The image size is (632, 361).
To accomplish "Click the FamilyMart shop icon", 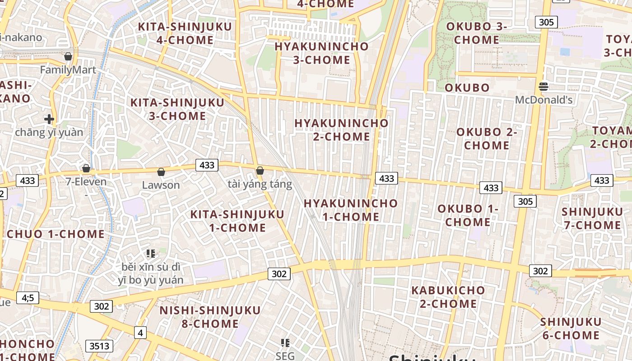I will pos(68,56).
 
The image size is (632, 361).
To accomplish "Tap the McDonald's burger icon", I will pos(544,86).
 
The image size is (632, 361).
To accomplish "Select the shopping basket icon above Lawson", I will pos(161,172).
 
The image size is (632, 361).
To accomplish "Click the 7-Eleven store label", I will pos(86,182).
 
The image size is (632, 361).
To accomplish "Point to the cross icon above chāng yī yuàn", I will pos(49,119).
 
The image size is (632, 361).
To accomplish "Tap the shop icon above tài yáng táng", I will pos(260,171).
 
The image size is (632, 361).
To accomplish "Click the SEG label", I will pos(285,356).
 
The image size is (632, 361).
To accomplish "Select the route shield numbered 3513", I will pos(99,346).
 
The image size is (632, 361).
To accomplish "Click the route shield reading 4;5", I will pos(28,297).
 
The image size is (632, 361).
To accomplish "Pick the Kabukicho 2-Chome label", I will pos(448,296).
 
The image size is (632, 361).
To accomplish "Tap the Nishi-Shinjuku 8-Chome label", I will pos(210,317).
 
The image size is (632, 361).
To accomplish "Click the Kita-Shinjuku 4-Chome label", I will pos(185,33).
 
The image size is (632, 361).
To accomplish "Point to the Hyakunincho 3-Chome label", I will pos(321,53).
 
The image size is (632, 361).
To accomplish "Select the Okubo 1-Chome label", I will pos(468,215).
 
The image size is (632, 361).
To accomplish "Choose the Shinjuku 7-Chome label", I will pos(592,218).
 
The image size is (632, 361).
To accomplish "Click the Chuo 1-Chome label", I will pos(56,234).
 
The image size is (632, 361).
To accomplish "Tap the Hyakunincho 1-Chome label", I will pos(350,210).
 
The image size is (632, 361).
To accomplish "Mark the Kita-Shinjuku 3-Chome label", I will pos(177,109).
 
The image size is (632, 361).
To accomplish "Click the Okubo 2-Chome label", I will pos(487,139).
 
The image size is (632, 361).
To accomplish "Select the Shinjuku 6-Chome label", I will pos(571,329).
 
